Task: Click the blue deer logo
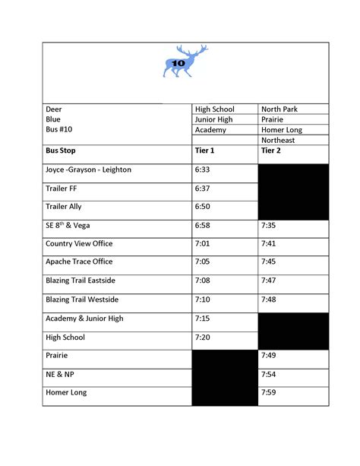click(x=185, y=62)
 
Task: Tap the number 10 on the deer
click(x=179, y=63)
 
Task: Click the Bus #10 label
click(x=58, y=130)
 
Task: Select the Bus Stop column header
click(x=61, y=151)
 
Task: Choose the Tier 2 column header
click(x=271, y=151)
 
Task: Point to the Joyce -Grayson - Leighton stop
click(x=89, y=170)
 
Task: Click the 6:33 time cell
click(x=202, y=170)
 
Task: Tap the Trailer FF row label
click(x=62, y=188)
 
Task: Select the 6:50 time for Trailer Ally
click(x=202, y=207)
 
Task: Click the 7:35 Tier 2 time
click(x=268, y=226)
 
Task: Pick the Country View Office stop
click(x=79, y=244)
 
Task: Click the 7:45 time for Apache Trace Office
click(x=268, y=262)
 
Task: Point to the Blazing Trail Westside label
click(x=82, y=300)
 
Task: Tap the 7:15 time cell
click(x=202, y=319)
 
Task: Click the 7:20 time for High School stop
click(x=202, y=337)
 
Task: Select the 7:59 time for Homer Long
click(x=268, y=393)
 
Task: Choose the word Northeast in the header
click(x=278, y=140)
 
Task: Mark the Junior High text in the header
click(x=214, y=119)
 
